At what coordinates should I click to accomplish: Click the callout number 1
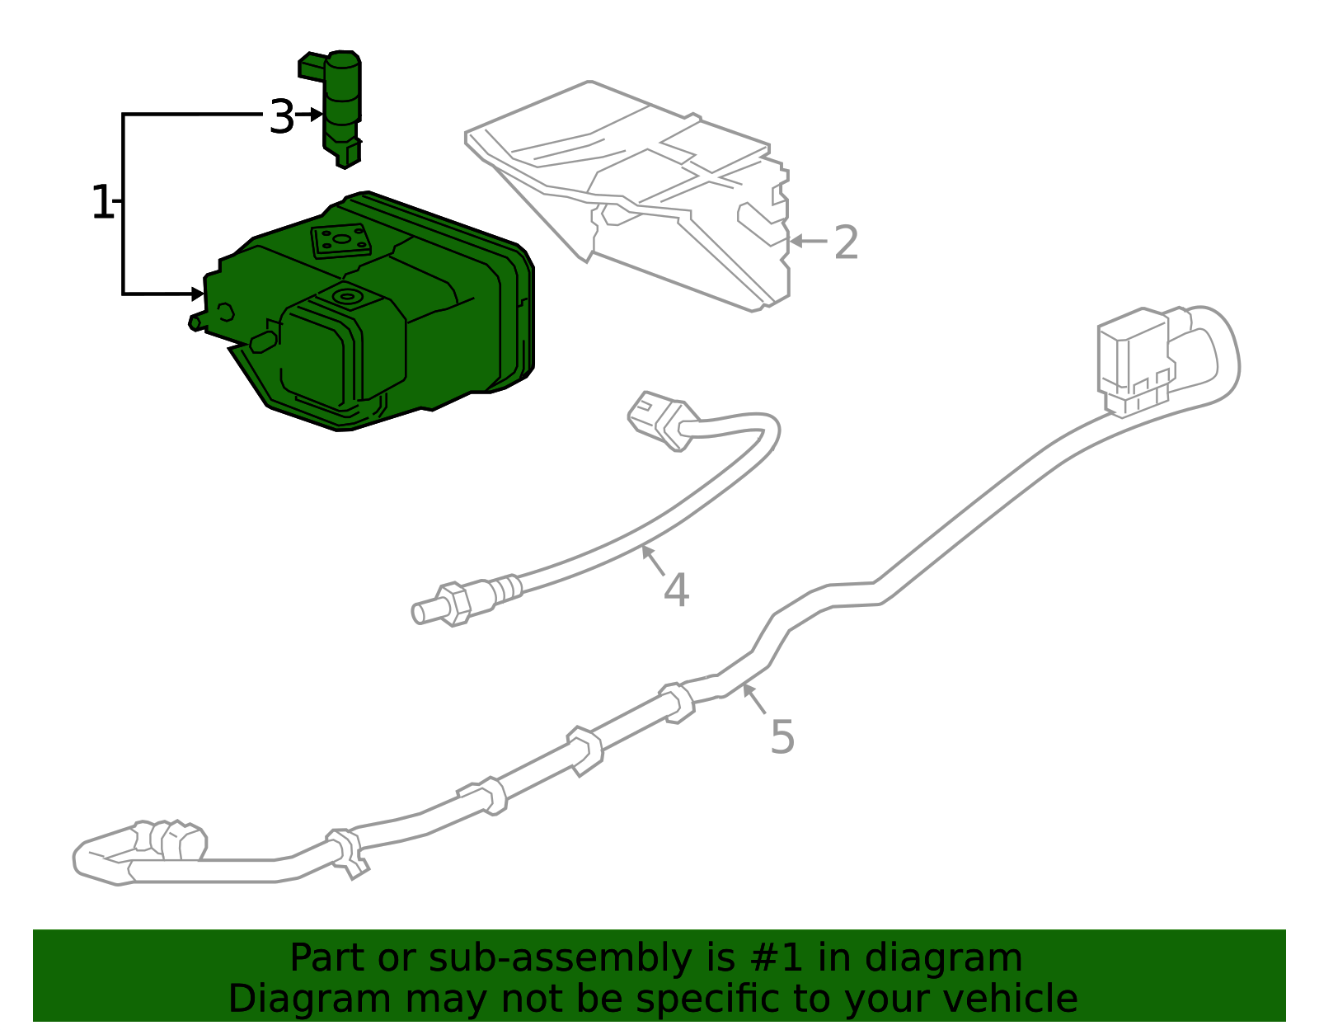[x=101, y=202]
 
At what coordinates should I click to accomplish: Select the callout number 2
[x=846, y=242]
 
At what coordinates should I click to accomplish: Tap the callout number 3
[x=282, y=116]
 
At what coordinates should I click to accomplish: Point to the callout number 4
[x=676, y=590]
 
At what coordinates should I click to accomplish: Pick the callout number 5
[x=782, y=737]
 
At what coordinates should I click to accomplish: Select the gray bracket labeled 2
[x=627, y=196]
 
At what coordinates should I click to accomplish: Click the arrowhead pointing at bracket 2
[x=796, y=241]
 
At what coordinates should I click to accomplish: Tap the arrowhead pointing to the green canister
[x=198, y=294]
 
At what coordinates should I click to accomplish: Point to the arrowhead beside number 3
[x=317, y=114]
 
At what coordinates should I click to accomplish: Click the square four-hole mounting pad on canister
[x=341, y=241]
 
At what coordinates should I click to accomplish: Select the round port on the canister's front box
[x=347, y=297]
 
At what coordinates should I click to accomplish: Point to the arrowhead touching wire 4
[x=647, y=552]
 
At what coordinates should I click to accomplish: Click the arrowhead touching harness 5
[x=749, y=690]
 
